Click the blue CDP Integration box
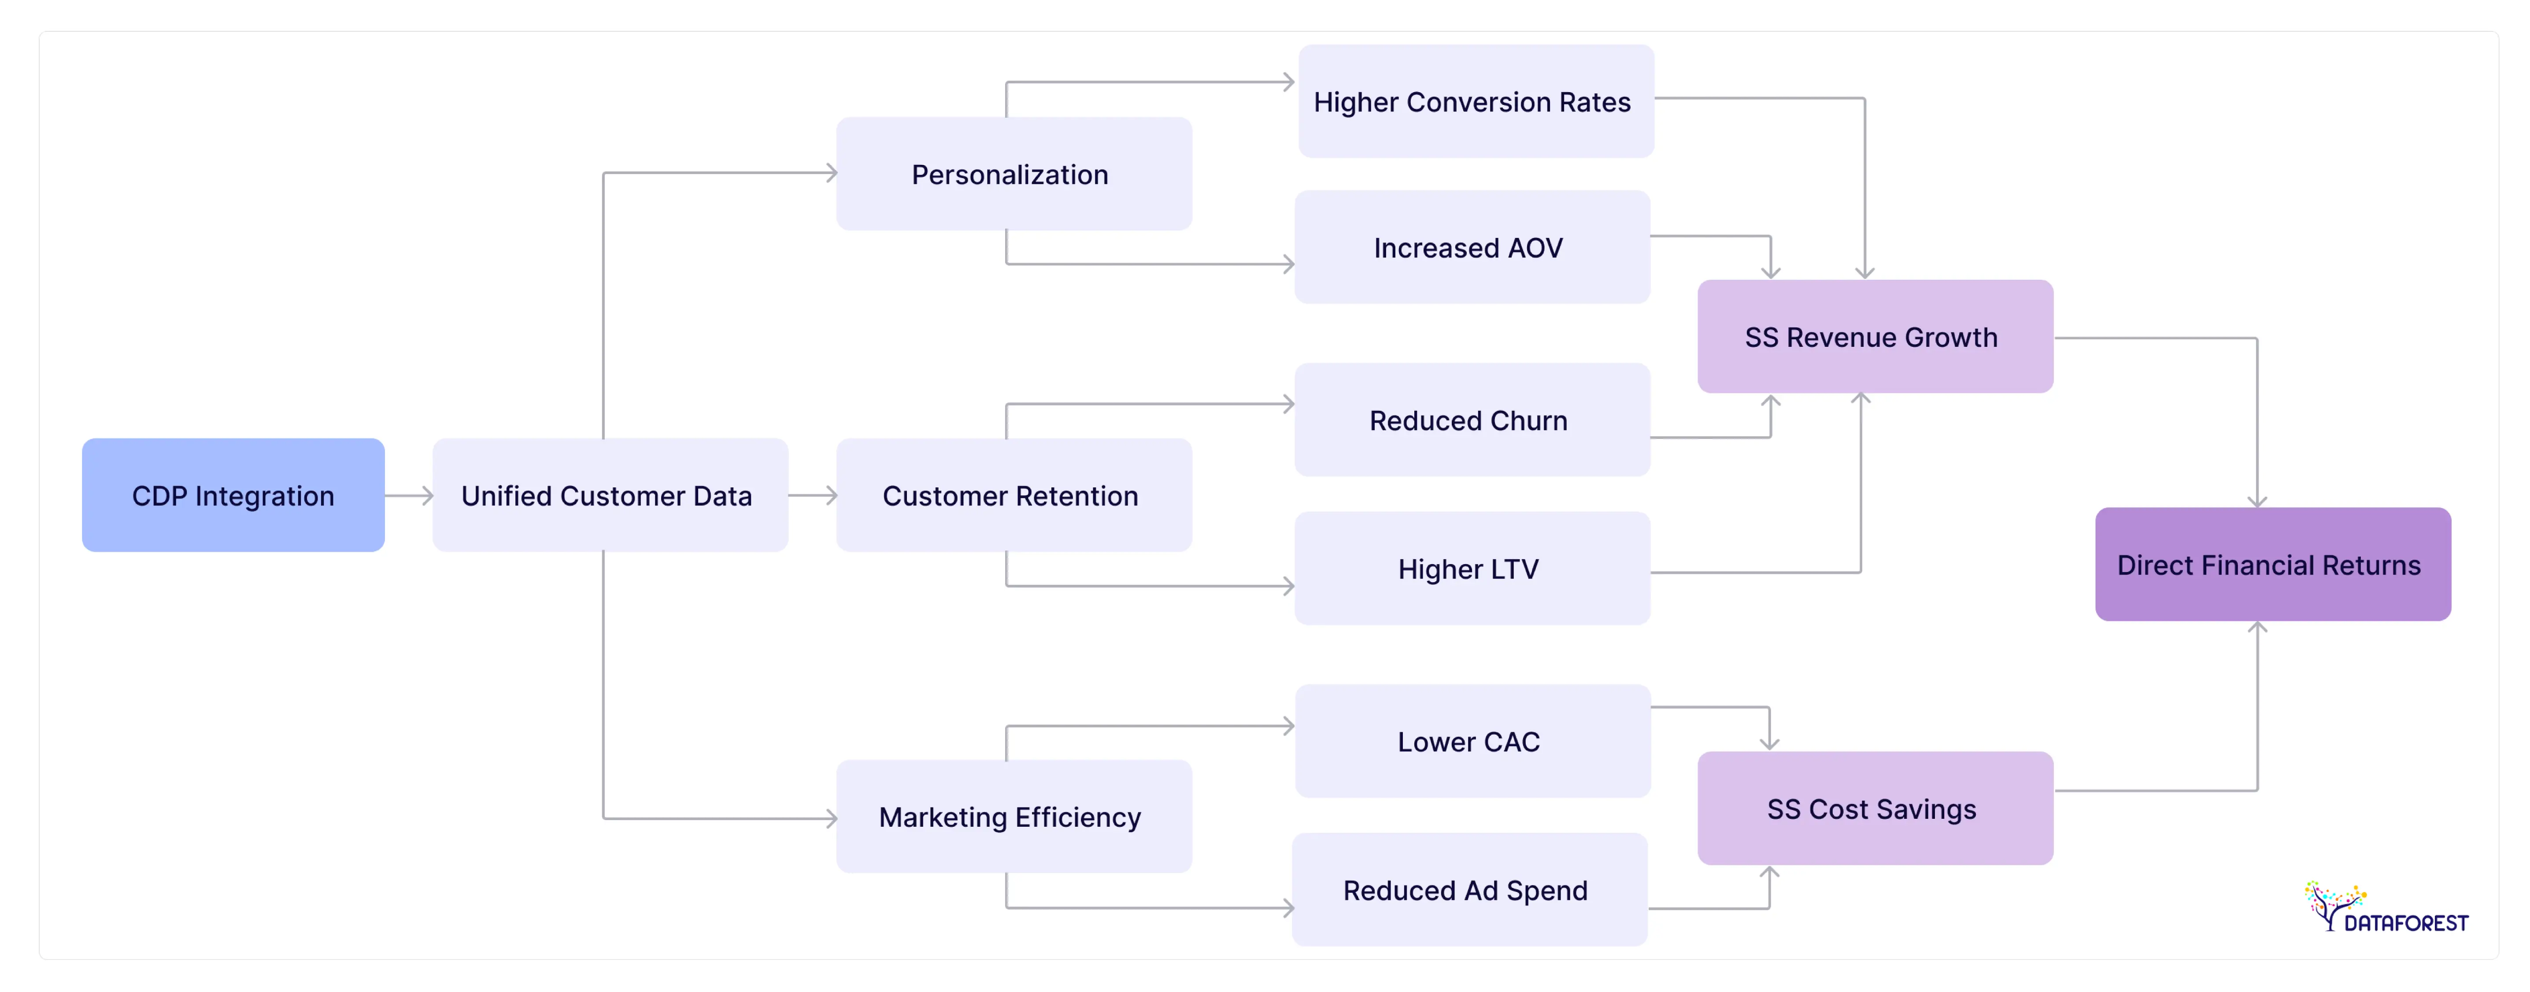coord(233,495)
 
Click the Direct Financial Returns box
coord(2272,565)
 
